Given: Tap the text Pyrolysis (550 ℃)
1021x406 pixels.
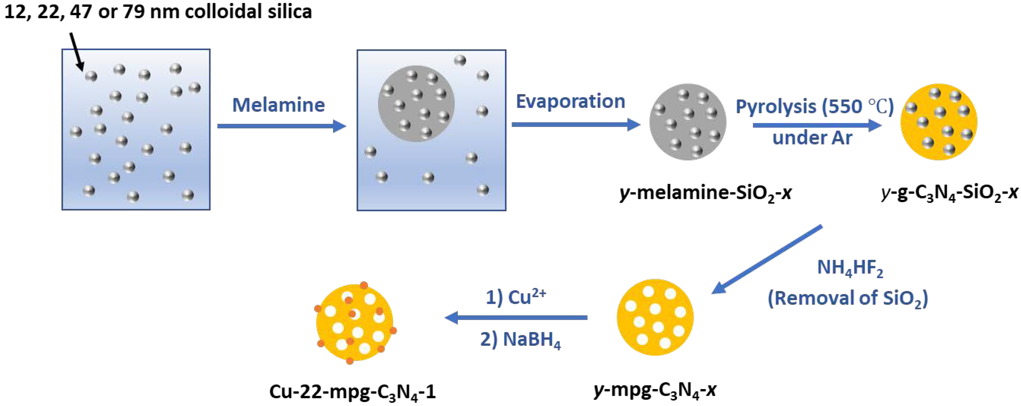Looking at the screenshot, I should pyautogui.click(x=814, y=106).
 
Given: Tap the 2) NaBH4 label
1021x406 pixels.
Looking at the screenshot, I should pyautogui.click(x=520, y=340).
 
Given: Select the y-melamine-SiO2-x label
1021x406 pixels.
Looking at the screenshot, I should pyautogui.click(x=706, y=193).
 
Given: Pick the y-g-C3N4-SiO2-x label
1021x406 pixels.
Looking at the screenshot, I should pyautogui.click(x=950, y=193).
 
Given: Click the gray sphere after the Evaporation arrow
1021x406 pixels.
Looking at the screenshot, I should pyautogui.click(x=688, y=122).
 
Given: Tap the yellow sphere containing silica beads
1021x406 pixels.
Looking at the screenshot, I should pyautogui.click(x=939, y=122).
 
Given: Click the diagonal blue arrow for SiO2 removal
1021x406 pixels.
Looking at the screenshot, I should pyautogui.click(x=767, y=259).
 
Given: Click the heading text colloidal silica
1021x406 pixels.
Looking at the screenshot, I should pyautogui.click(x=248, y=11).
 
